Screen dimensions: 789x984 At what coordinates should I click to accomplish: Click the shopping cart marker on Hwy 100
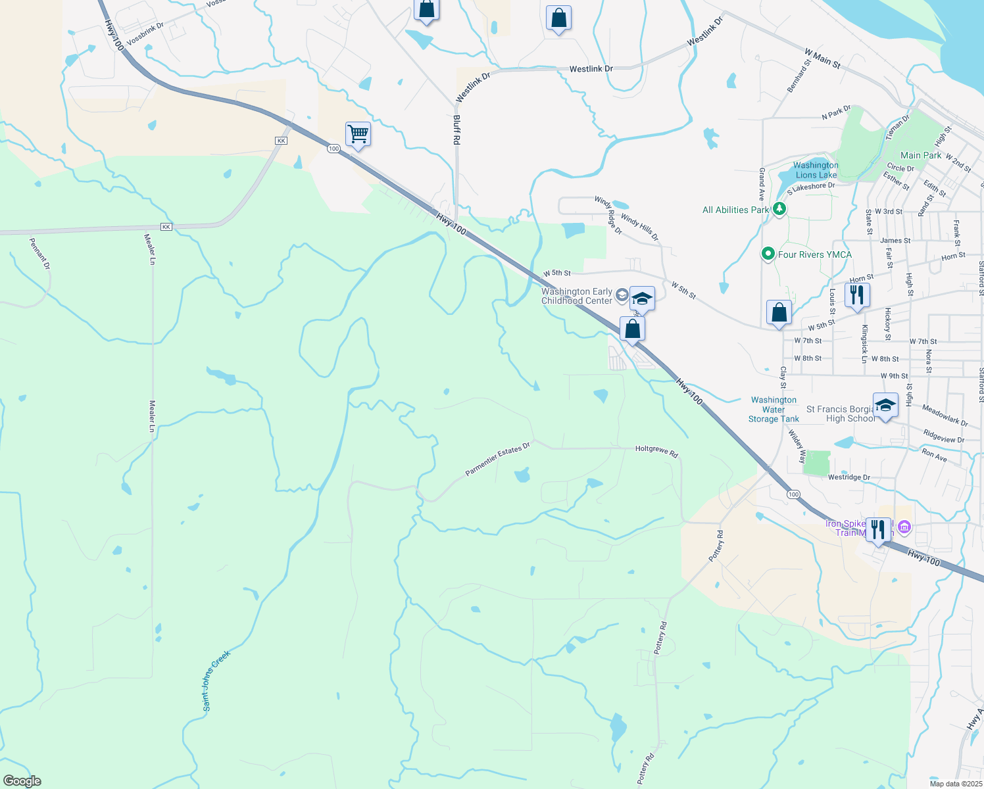point(358,134)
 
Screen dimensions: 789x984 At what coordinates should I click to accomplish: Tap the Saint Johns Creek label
point(216,681)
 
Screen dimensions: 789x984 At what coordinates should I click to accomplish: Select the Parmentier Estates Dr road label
point(497,460)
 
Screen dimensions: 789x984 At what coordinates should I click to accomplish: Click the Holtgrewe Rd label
point(656,450)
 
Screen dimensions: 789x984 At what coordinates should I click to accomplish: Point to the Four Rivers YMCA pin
point(768,254)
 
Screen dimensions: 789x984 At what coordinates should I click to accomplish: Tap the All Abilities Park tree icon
point(779,210)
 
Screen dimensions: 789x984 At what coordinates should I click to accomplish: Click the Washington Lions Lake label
point(816,170)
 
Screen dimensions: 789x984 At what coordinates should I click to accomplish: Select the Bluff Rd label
point(456,130)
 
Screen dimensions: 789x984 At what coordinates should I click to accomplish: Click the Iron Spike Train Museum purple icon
point(904,527)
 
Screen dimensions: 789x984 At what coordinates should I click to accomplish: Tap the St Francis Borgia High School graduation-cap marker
point(885,405)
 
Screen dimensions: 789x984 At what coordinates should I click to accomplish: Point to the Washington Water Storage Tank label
point(774,409)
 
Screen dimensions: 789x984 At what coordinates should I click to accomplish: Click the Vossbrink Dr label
point(145,34)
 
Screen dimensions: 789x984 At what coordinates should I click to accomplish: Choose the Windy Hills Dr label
point(639,227)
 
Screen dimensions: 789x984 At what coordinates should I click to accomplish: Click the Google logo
point(22,781)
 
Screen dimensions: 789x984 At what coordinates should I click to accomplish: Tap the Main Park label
point(921,155)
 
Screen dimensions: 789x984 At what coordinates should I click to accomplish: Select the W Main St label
point(822,59)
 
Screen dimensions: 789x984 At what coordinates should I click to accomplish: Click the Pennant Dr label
point(39,254)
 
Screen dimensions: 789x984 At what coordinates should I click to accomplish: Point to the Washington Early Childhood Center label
point(577,296)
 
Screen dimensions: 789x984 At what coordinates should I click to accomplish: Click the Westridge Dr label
point(849,477)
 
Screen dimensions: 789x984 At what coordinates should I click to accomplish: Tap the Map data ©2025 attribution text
point(956,784)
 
